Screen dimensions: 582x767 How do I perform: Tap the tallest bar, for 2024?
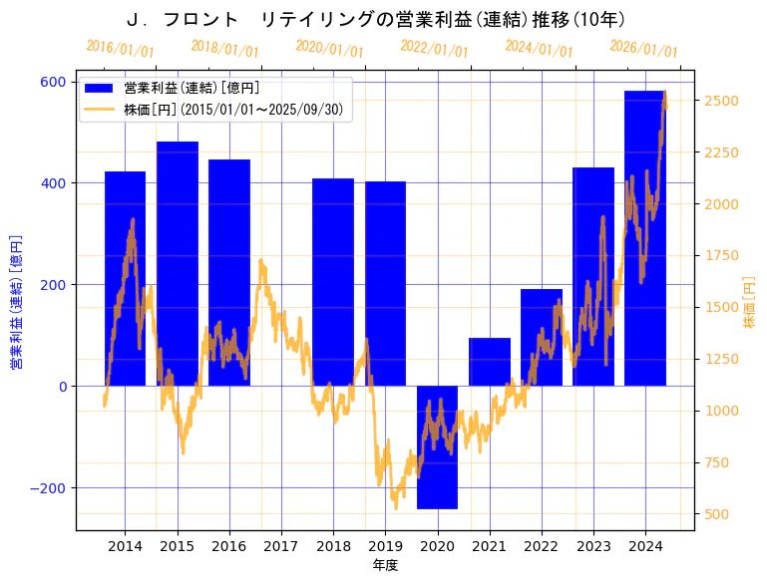[644, 238]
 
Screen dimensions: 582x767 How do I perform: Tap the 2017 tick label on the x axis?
[281, 546]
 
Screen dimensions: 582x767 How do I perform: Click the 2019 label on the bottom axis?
[385, 546]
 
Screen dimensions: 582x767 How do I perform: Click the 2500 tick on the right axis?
[721, 101]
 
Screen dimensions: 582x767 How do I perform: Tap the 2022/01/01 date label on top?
[434, 48]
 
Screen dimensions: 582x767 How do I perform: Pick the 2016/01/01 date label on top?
[120, 48]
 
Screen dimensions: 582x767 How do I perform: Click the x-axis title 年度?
[385, 565]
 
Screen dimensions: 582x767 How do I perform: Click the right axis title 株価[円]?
[750, 303]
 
